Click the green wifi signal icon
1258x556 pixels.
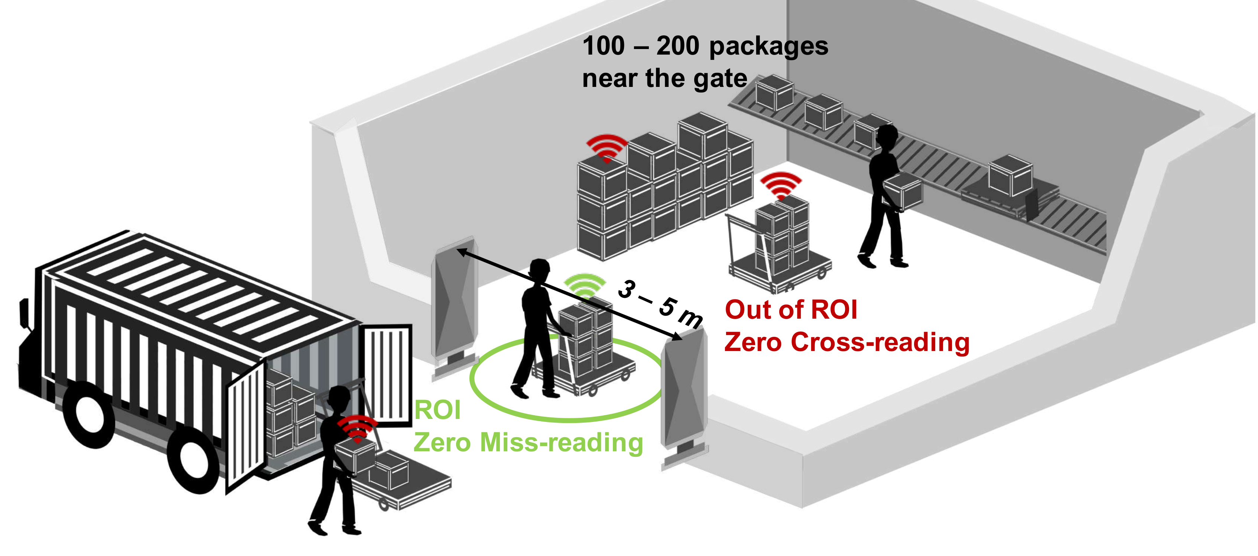[x=584, y=284]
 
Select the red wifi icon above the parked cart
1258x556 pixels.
[x=781, y=185]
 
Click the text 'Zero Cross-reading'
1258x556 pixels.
[x=846, y=342]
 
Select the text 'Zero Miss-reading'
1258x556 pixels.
[x=528, y=442]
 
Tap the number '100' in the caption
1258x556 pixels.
[x=603, y=46]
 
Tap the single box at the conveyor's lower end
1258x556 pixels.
[x=1010, y=175]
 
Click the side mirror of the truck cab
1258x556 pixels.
[x=23, y=312]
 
